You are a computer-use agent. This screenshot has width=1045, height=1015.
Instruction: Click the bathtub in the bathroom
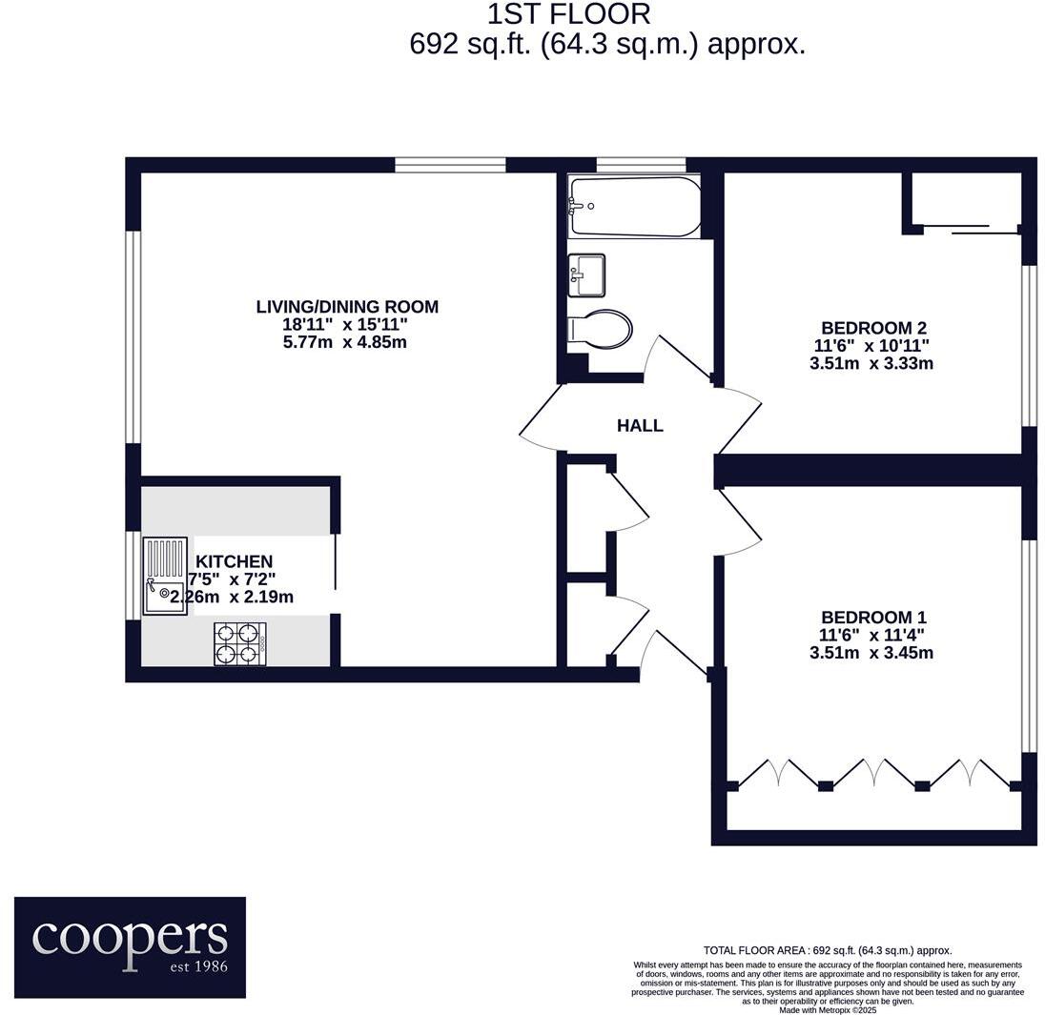point(634,206)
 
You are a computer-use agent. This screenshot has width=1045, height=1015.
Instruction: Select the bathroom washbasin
point(586,275)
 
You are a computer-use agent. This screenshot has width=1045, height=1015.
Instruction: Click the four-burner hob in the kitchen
point(238,642)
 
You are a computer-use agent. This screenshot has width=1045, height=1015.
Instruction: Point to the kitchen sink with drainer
point(165,577)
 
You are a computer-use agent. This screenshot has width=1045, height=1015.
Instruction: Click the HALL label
point(640,426)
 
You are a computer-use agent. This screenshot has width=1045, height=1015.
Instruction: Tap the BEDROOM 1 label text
point(873,618)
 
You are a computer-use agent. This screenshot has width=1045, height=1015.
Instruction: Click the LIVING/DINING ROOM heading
point(347,307)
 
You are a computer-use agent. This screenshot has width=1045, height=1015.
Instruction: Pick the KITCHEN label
point(235,562)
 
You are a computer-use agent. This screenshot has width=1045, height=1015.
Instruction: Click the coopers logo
point(130,946)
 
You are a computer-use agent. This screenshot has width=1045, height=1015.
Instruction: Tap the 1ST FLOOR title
point(569,14)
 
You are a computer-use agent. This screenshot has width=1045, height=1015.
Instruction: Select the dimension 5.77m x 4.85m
point(345,342)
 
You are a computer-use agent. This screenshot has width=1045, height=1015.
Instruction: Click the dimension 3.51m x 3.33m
point(871,363)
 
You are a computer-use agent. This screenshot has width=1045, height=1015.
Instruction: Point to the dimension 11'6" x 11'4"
point(871,635)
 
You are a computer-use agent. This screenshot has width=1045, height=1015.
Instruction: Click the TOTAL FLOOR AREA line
point(827,950)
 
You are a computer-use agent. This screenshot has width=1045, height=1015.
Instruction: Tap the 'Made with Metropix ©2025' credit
point(827,1009)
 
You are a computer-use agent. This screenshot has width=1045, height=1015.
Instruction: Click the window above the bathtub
point(641,165)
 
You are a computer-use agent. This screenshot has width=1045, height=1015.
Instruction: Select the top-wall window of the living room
point(450,165)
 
